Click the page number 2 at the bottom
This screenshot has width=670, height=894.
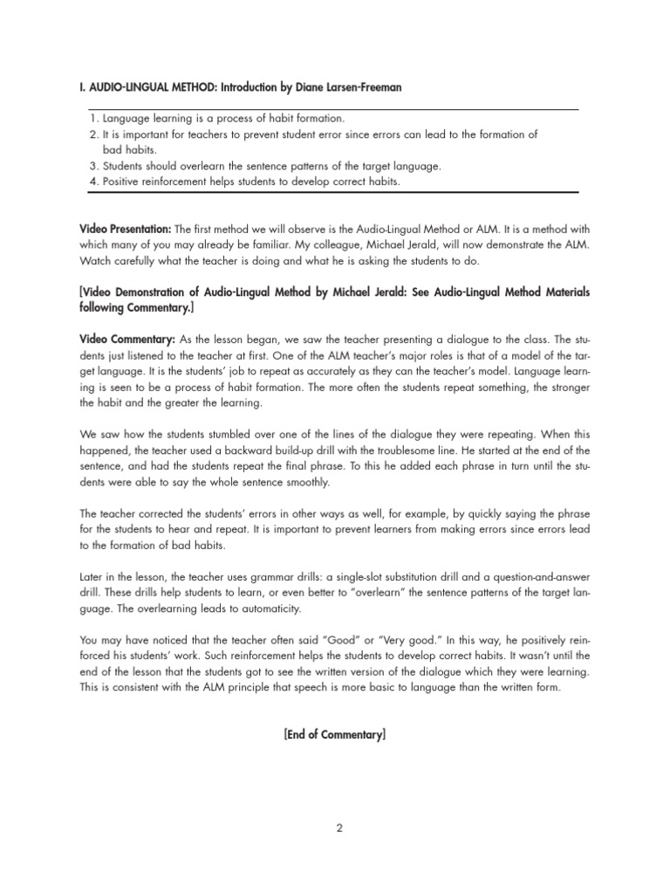point(339,829)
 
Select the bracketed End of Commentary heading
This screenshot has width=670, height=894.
point(334,735)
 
